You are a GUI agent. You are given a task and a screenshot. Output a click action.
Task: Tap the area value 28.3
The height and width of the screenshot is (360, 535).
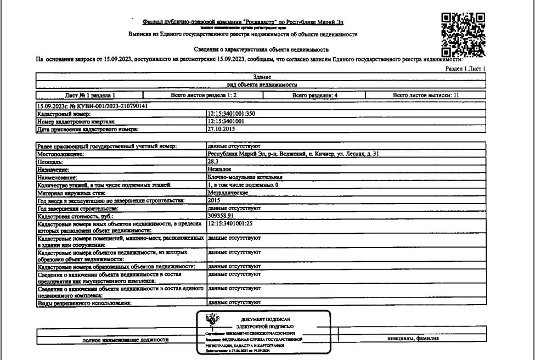click(213, 162)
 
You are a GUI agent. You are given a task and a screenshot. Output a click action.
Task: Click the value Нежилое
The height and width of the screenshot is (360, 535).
click(219, 170)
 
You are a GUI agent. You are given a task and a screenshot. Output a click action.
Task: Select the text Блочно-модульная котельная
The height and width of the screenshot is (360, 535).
click(245, 178)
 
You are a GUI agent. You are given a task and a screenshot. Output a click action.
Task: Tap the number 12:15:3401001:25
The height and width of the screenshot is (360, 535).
click(231, 224)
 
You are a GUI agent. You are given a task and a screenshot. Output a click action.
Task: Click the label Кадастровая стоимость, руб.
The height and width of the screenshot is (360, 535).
click(66, 217)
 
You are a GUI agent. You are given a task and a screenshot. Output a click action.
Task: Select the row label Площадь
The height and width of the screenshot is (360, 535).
click(49, 162)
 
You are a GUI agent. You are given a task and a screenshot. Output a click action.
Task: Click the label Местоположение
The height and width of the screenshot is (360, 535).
click(60, 155)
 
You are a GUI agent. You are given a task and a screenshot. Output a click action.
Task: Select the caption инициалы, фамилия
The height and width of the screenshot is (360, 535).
click(413, 339)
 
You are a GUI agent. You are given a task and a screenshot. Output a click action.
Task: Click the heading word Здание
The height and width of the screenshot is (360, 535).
click(262, 77)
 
